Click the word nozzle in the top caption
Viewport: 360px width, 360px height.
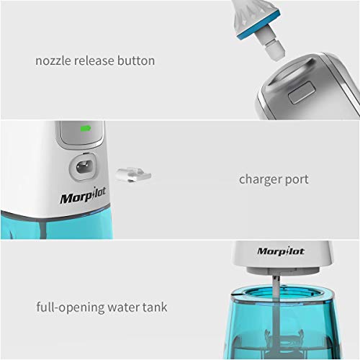pyautogui.click(x=55, y=60)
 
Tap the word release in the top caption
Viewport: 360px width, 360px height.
pyautogui.click(x=98, y=60)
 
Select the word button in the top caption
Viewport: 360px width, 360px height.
pyautogui.click(x=138, y=60)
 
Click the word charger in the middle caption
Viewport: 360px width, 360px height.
pyautogui.click(x=261, y=179)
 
